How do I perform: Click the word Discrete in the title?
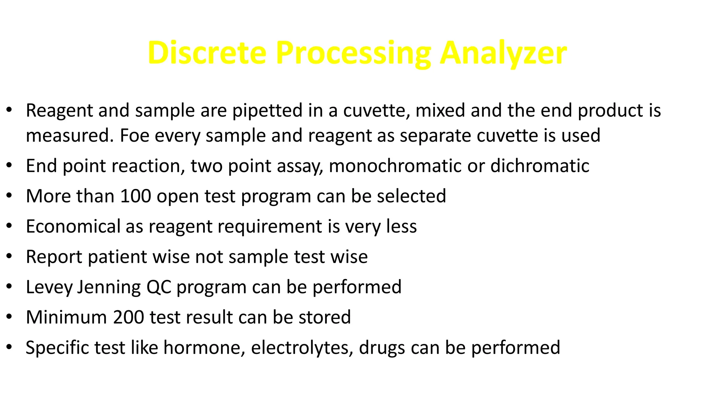[207, 53]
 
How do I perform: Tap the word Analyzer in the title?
[503, 53]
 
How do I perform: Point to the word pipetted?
[267, 111]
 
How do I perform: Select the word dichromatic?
[540, 166]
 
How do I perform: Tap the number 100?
[136, 196]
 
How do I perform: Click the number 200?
[129, 317]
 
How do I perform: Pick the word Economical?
[73, 226]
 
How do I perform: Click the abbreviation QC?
[159, 287]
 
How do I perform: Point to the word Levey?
[49, 287]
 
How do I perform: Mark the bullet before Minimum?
[9, 317]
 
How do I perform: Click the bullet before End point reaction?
[9, 165]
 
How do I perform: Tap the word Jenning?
[109, 287]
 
